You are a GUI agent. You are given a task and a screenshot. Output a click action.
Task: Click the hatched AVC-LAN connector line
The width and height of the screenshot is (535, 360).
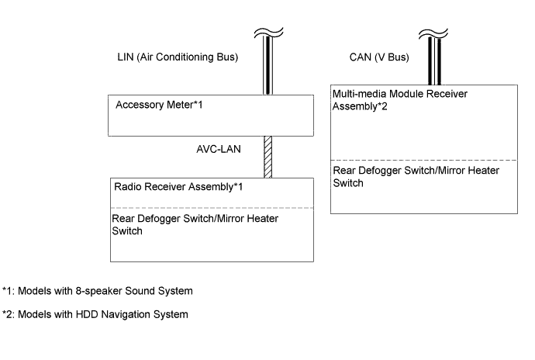267,157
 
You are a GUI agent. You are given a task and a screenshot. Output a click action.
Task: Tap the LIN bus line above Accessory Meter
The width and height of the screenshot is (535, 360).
267,70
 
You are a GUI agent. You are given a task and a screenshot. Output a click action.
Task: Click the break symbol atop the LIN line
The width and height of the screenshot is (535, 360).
267,33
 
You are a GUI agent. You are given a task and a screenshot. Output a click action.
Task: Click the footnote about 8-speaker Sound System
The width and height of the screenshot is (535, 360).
98,291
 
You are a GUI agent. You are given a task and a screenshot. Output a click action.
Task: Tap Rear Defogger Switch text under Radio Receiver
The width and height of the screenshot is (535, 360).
195,225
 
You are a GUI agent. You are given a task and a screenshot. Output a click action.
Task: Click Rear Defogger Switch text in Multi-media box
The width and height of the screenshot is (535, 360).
409,177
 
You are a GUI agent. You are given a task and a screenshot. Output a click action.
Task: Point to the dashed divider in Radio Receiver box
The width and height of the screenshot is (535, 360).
213,208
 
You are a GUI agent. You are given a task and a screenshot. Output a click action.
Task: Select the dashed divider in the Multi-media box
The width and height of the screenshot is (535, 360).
424,160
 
